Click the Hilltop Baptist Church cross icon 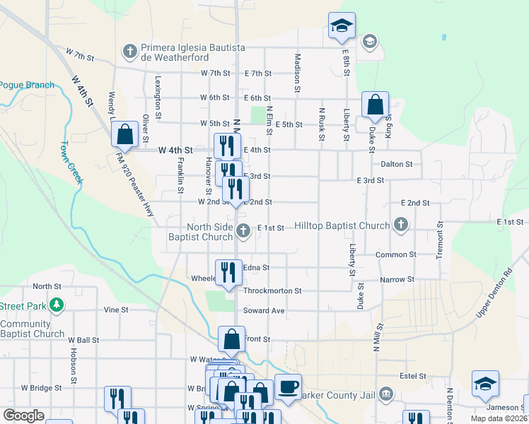[x=401, y=225]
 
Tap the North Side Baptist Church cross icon [x=243, y=230]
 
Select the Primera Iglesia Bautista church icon [x=129, y=50]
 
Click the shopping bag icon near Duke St [x=375, y=105]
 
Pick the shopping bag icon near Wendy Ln [x=124, y=133]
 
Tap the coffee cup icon [x=288, y=387]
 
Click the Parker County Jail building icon [x=386, y=394]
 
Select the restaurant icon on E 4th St [x=227, y=146]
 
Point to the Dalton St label [x=396, y=164]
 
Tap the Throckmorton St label [x=272, y=290]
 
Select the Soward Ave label [x=264, y=311]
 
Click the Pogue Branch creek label [x=27, y=85]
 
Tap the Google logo [x=24, y=416]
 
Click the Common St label [x=396, y=254]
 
